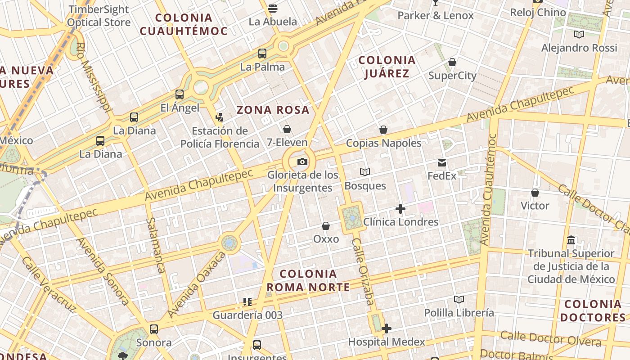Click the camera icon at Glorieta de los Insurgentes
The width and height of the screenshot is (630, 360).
302,162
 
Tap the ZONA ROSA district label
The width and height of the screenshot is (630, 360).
273,110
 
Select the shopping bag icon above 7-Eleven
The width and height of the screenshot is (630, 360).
287,130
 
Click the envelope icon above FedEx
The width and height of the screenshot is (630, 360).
442,163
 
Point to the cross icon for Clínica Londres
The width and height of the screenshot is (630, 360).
400,209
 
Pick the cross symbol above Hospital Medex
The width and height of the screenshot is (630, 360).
386,328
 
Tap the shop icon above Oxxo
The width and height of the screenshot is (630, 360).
326,226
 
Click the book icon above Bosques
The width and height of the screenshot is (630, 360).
365,172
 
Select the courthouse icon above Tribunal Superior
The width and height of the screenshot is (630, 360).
571,240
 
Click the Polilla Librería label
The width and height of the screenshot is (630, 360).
459,312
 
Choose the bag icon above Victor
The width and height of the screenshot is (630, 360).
535,193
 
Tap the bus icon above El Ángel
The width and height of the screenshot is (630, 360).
180,94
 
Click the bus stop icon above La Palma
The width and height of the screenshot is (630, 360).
262,54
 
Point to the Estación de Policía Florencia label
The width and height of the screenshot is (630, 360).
220,137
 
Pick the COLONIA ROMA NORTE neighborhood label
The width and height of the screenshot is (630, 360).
308,280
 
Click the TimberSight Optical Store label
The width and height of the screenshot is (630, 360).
99,16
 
